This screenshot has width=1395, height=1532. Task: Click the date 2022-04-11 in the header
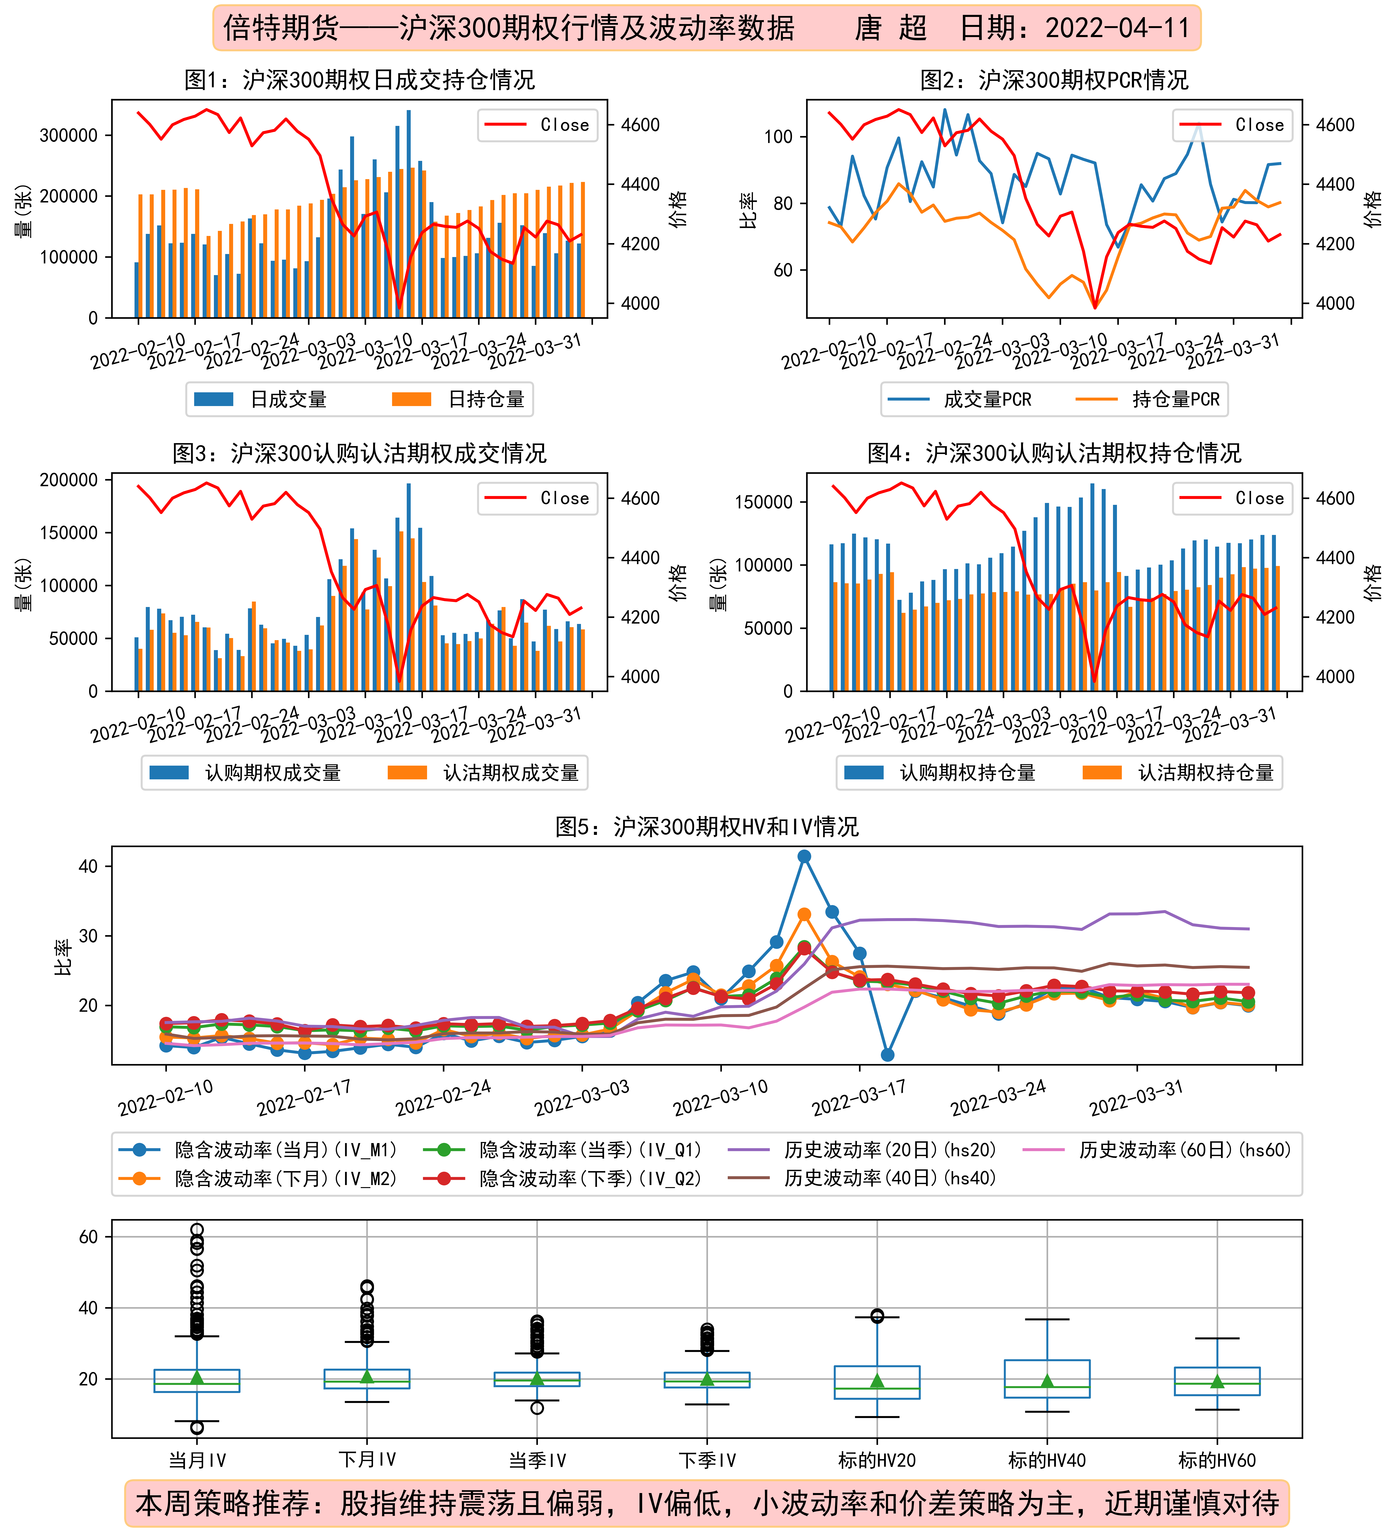[1117, 28]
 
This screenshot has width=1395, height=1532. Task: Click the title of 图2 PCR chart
[1054, 80]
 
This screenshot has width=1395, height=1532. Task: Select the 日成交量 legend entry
[261, 399]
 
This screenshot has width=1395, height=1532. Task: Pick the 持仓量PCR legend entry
[1147, 399]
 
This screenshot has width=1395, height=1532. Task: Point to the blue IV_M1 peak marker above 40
[804, 857]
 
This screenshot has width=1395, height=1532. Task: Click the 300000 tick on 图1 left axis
[68, 135]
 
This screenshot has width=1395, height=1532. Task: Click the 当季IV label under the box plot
[537, 1460]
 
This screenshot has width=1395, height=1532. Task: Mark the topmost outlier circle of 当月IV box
[197, 1230]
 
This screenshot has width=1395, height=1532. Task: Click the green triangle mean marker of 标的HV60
[1217, 1381]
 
